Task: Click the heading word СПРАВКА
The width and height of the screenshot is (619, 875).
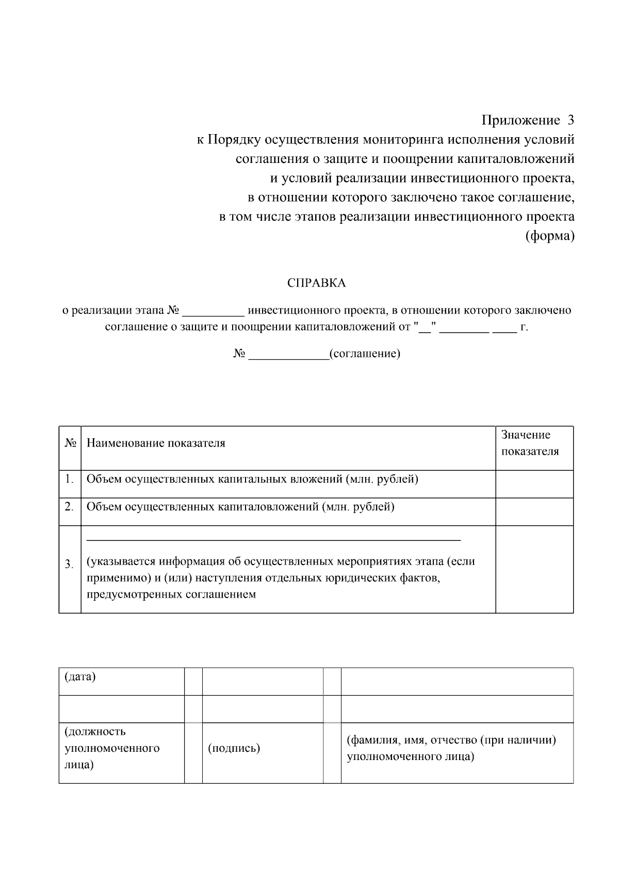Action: pyautogui.click(x=316, y=283)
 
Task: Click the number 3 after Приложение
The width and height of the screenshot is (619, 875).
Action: pyautogui.click(x=570, y=121)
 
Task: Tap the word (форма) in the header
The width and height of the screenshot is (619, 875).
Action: pyautogui.click(x=549, y=237)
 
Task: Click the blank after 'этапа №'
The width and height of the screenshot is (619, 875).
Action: pyautogui.click(x=213, y=311)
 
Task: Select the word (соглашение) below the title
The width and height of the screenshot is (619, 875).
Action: pyautogui.click(x=365, y=354)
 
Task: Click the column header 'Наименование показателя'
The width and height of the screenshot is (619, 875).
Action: pyautogui.click(x=156, y=443)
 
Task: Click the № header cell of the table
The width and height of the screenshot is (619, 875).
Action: pyautogui.click(x=70, y=443)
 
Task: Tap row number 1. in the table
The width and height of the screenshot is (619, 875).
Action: pyautogui.click(x=70, y=480)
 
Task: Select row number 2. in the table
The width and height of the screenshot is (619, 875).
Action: pyautogui.click(x=70, y=507)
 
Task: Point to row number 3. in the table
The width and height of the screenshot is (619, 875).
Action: pyautogui.click(x=70, y=565)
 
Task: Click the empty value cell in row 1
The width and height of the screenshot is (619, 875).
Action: pyautogui.click(x=534, y=484)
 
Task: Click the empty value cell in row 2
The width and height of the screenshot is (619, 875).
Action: pyautogui.click(x=534, y=511)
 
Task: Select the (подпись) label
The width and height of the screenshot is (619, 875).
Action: pyautogui.click(x=234, y=748)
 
